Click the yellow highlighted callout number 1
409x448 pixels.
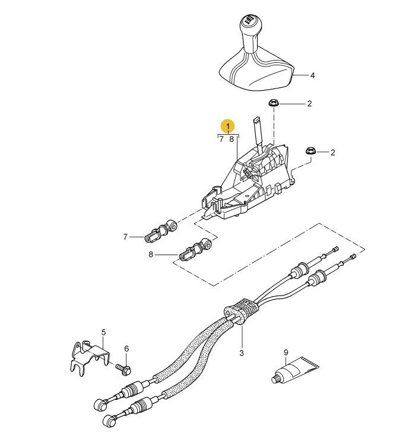228,126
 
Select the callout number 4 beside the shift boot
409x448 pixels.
312,76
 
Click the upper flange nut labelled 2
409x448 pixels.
274,103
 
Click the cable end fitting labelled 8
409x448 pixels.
195,249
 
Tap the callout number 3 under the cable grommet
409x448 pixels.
242,353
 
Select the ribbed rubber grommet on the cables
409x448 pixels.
241,312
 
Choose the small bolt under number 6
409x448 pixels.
123,368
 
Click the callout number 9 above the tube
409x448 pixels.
286,352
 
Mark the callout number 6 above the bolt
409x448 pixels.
126,348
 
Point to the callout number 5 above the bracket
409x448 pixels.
103,332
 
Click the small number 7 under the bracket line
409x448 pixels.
221,139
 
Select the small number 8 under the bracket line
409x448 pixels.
232,139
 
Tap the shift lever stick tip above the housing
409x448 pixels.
256,120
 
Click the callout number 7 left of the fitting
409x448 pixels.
125,237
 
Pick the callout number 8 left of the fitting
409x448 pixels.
151,254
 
